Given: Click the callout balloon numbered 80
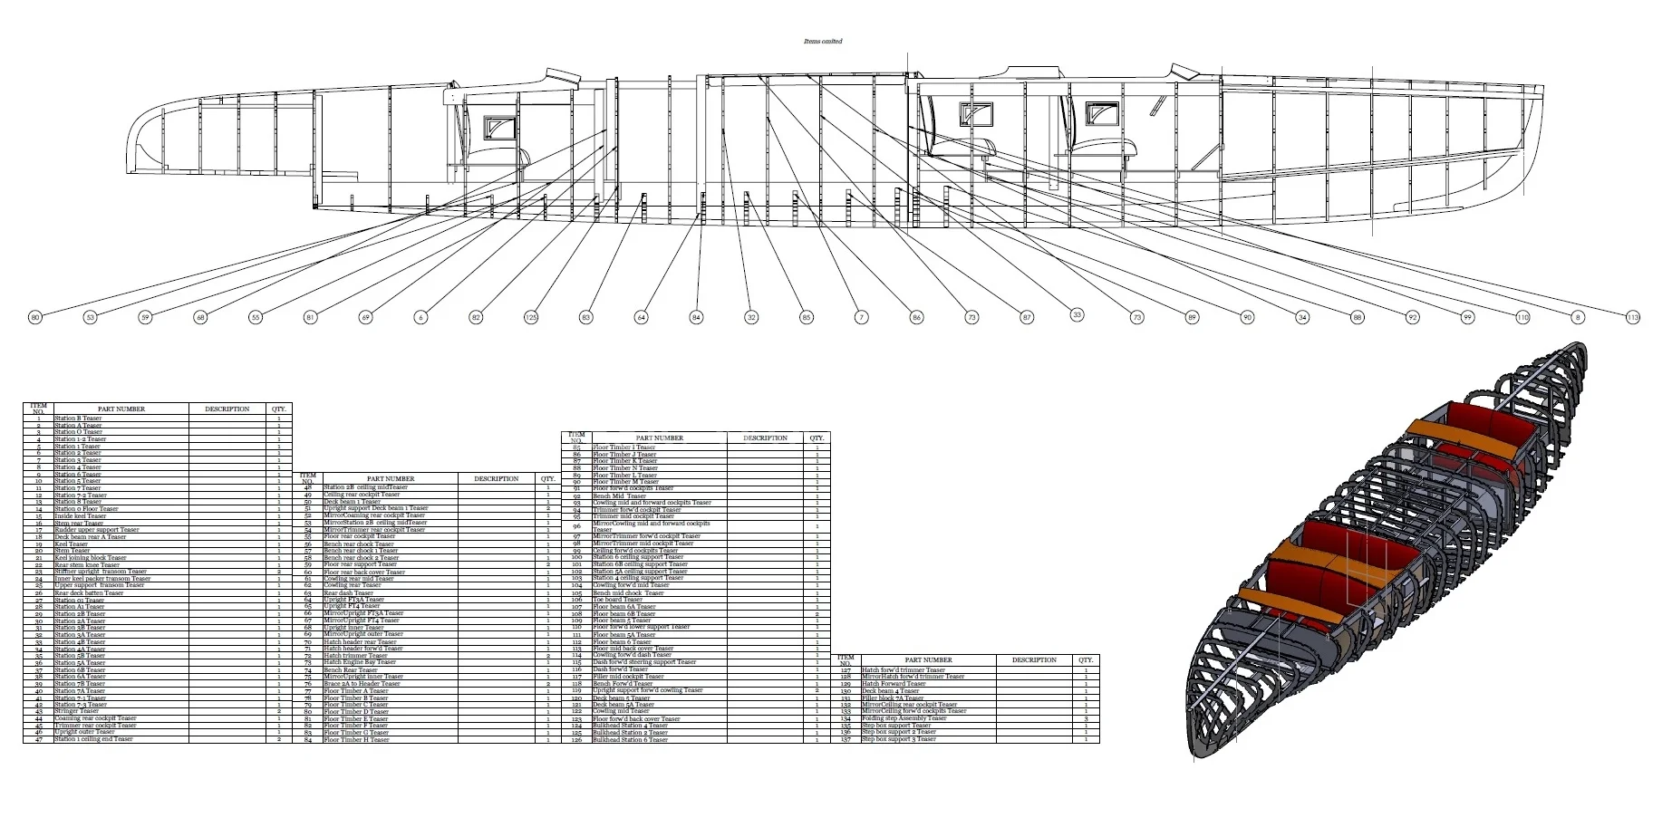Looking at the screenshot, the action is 35,318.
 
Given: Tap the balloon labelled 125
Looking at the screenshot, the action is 531,318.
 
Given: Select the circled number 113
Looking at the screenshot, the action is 1633,318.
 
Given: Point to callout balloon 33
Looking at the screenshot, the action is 1077,314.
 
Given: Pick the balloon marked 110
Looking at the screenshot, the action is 1523,318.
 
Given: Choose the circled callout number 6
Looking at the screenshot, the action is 420,318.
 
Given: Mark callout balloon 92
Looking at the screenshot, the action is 1413,318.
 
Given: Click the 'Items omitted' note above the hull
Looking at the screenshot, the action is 822,42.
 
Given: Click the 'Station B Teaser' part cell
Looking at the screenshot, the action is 78,418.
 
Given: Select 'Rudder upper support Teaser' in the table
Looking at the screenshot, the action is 97,530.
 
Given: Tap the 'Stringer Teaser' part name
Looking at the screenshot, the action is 77,711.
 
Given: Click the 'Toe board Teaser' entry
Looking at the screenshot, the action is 617,600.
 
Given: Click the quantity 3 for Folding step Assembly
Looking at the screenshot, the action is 1086,718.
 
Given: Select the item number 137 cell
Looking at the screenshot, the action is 846,739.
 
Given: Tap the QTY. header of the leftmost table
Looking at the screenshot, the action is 278,409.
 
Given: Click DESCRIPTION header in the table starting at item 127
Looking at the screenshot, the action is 1034,660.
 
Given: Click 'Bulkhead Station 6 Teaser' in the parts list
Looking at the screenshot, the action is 630,739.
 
